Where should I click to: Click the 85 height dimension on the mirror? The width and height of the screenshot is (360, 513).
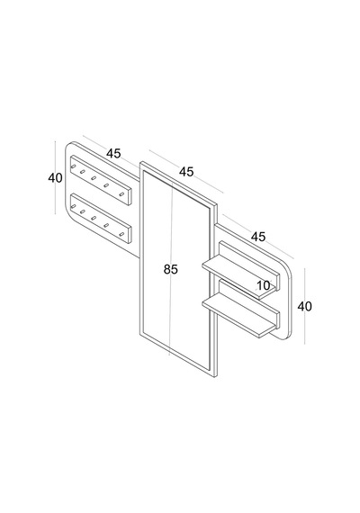pyautogui.click(x=170, y=269)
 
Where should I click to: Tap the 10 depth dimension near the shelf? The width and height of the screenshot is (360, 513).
pyautogui.click(x=264, y=285)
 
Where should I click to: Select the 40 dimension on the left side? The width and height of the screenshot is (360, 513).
pyautogui.click(x=55, y=178)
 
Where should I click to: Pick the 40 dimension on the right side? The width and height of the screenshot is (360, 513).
pyautogui.click(x=305, y=307)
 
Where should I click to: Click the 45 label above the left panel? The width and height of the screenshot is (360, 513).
pyautogui.click(x=113, y=153)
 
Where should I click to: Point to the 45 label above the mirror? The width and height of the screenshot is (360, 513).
pyautogui.click(x=186, y=171)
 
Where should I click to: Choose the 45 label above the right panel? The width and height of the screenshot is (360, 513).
pyautogui.click(x=258, y=237)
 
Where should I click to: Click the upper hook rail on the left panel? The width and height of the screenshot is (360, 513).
pyautogui.click(x=101, y=180)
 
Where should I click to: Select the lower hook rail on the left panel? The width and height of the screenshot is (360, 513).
pyautogui.click(x=101, y=219)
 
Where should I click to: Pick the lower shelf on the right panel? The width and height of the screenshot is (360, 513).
pyautogui.click(x=241, y=309)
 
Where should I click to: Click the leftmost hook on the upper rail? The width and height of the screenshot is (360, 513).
pyautogui.click(x=73, y=166)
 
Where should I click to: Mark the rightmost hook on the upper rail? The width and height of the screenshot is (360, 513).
pyautogui.click(x=121, y=194)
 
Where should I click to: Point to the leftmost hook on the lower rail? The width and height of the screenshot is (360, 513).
pyautogui.click(x=73, y=206)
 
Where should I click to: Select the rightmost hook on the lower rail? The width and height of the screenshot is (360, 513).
pyautogui.click(x=121, y=234)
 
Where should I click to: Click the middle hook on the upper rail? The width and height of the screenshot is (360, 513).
pyautogui.click(x=94, y=178)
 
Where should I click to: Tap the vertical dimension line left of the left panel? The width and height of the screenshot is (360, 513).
pyautogui.click(x=55, y=177)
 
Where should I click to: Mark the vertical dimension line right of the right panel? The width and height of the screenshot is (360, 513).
pyautogui.click(x=305, y=306)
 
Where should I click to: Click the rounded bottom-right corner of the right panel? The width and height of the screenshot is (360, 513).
pyautogui.click(x=287, y=335)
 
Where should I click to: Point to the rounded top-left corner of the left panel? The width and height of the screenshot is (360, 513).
pyautogui.click(x=68, y=146)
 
